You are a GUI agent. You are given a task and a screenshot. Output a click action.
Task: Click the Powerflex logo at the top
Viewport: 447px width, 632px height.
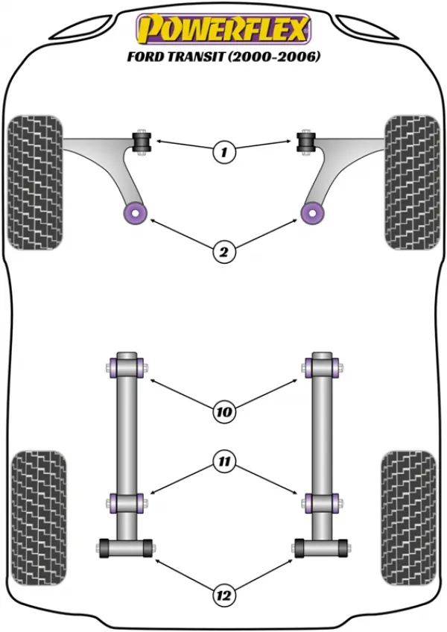[223, 29]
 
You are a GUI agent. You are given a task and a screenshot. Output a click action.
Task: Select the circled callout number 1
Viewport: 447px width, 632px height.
[223, 152]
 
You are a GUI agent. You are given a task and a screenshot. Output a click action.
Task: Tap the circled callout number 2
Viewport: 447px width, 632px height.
[223, 252]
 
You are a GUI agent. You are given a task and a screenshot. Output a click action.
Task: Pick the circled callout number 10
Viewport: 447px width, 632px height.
[223, 411]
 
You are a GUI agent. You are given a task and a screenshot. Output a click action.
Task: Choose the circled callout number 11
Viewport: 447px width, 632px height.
[223, 461]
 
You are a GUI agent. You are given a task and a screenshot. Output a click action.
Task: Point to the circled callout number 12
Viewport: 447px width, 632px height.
[223, 595]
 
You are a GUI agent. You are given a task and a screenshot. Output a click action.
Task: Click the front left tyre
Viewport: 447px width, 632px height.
[36, 182]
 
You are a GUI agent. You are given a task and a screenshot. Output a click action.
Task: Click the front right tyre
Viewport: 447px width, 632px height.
[412, 182]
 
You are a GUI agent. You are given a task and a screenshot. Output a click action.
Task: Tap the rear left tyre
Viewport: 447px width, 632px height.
[39, 517]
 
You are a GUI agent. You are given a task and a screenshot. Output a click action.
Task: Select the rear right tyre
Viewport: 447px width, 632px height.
[408, 517]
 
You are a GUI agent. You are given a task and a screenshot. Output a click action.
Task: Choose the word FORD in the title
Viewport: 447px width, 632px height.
[145, 57]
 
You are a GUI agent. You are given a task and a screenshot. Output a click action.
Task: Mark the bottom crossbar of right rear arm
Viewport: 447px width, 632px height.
[321, 549]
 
